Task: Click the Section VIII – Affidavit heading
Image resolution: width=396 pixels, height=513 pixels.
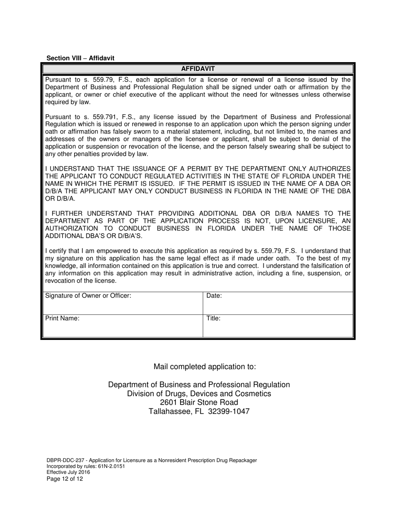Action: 80,58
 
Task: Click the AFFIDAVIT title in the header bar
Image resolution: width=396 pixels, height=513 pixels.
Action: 198,69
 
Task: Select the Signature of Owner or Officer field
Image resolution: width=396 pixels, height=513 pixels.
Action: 123,303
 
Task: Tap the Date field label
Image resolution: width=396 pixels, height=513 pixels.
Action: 214,296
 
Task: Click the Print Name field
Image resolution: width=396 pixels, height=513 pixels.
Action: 123,326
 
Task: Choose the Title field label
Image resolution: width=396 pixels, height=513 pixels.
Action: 213,318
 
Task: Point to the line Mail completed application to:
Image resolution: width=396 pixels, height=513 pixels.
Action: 205,367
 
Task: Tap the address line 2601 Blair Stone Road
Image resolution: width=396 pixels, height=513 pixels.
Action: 199,402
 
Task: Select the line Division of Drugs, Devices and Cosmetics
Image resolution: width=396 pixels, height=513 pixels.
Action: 199,394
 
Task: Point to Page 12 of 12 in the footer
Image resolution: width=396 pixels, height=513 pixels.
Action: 65,479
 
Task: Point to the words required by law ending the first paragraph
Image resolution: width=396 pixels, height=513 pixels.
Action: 68,102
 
